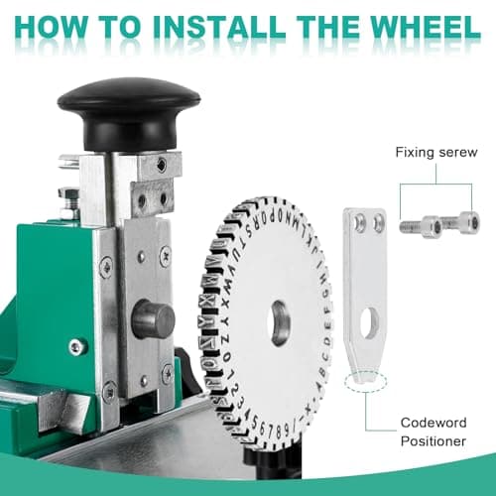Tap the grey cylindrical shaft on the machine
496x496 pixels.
tap(154, 319)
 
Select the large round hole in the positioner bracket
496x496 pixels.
tap(368, 321)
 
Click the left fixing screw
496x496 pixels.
tap(416, 225)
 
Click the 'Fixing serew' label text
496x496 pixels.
tap(434, 153)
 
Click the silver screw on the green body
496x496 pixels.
tap(76, 346)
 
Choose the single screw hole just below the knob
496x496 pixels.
tap(161, 165)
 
